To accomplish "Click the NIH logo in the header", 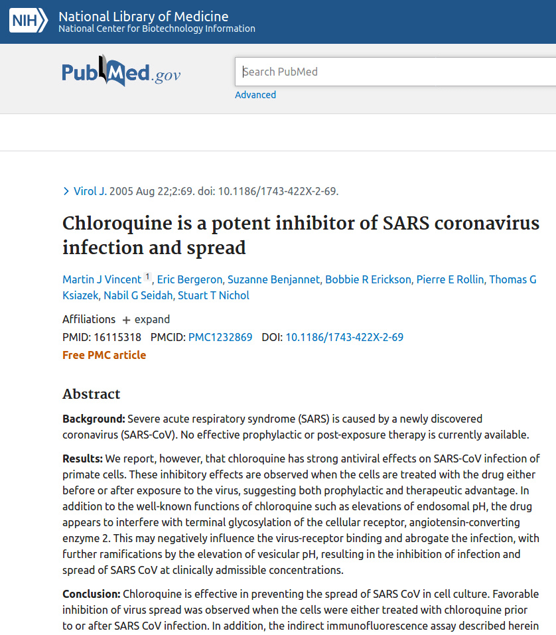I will [28, 22].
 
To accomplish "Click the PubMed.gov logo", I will [121, 72].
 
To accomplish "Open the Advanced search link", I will [255, 95].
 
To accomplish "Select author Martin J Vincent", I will [102, 279].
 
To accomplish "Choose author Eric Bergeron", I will [190, 279].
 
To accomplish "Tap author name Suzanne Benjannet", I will [273, 279].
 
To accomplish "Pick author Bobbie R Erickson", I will [368, 279].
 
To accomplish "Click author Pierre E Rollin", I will [450, 279].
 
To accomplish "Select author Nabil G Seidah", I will [137, 295].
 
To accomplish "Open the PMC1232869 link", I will [220, 337].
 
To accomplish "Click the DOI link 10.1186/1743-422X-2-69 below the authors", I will [344, 337].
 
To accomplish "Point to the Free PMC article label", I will [104, 355].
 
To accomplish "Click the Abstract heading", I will [92, 394].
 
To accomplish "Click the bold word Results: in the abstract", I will [82, 459].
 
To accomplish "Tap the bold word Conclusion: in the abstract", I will [91, 593].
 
